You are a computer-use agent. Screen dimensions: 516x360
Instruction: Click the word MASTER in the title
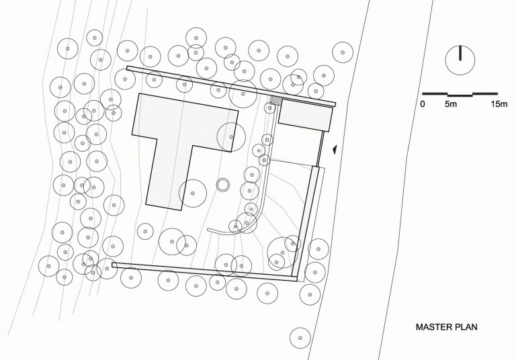[434, 327]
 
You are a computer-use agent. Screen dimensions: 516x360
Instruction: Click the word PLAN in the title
[466, 327]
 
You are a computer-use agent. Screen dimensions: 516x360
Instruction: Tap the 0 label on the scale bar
[423, 104]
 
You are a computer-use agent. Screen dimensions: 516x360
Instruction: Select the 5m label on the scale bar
[451, 104]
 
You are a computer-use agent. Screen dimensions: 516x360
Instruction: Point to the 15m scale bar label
[499, 104]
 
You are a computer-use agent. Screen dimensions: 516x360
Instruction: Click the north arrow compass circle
[460, 60]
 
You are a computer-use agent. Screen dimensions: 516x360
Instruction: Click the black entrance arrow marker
[335, 150]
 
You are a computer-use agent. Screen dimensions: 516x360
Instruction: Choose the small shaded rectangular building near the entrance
[306, 115]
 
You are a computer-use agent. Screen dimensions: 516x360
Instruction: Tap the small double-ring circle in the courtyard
[223, 185]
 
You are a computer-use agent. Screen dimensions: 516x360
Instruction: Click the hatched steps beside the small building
[275, 100]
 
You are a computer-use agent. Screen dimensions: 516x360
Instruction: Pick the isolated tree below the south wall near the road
[300, 338]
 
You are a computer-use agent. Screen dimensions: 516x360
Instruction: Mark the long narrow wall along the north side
[231, 86]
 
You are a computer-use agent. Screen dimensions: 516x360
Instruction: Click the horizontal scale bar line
[460, 95]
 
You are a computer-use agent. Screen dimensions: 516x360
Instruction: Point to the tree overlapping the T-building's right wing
[231, 137]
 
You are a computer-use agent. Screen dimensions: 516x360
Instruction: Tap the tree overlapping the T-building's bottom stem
[193, 193]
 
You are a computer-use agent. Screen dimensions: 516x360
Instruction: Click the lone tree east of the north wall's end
[343, 52]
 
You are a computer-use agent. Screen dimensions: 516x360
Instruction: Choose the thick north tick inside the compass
[460, 53]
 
